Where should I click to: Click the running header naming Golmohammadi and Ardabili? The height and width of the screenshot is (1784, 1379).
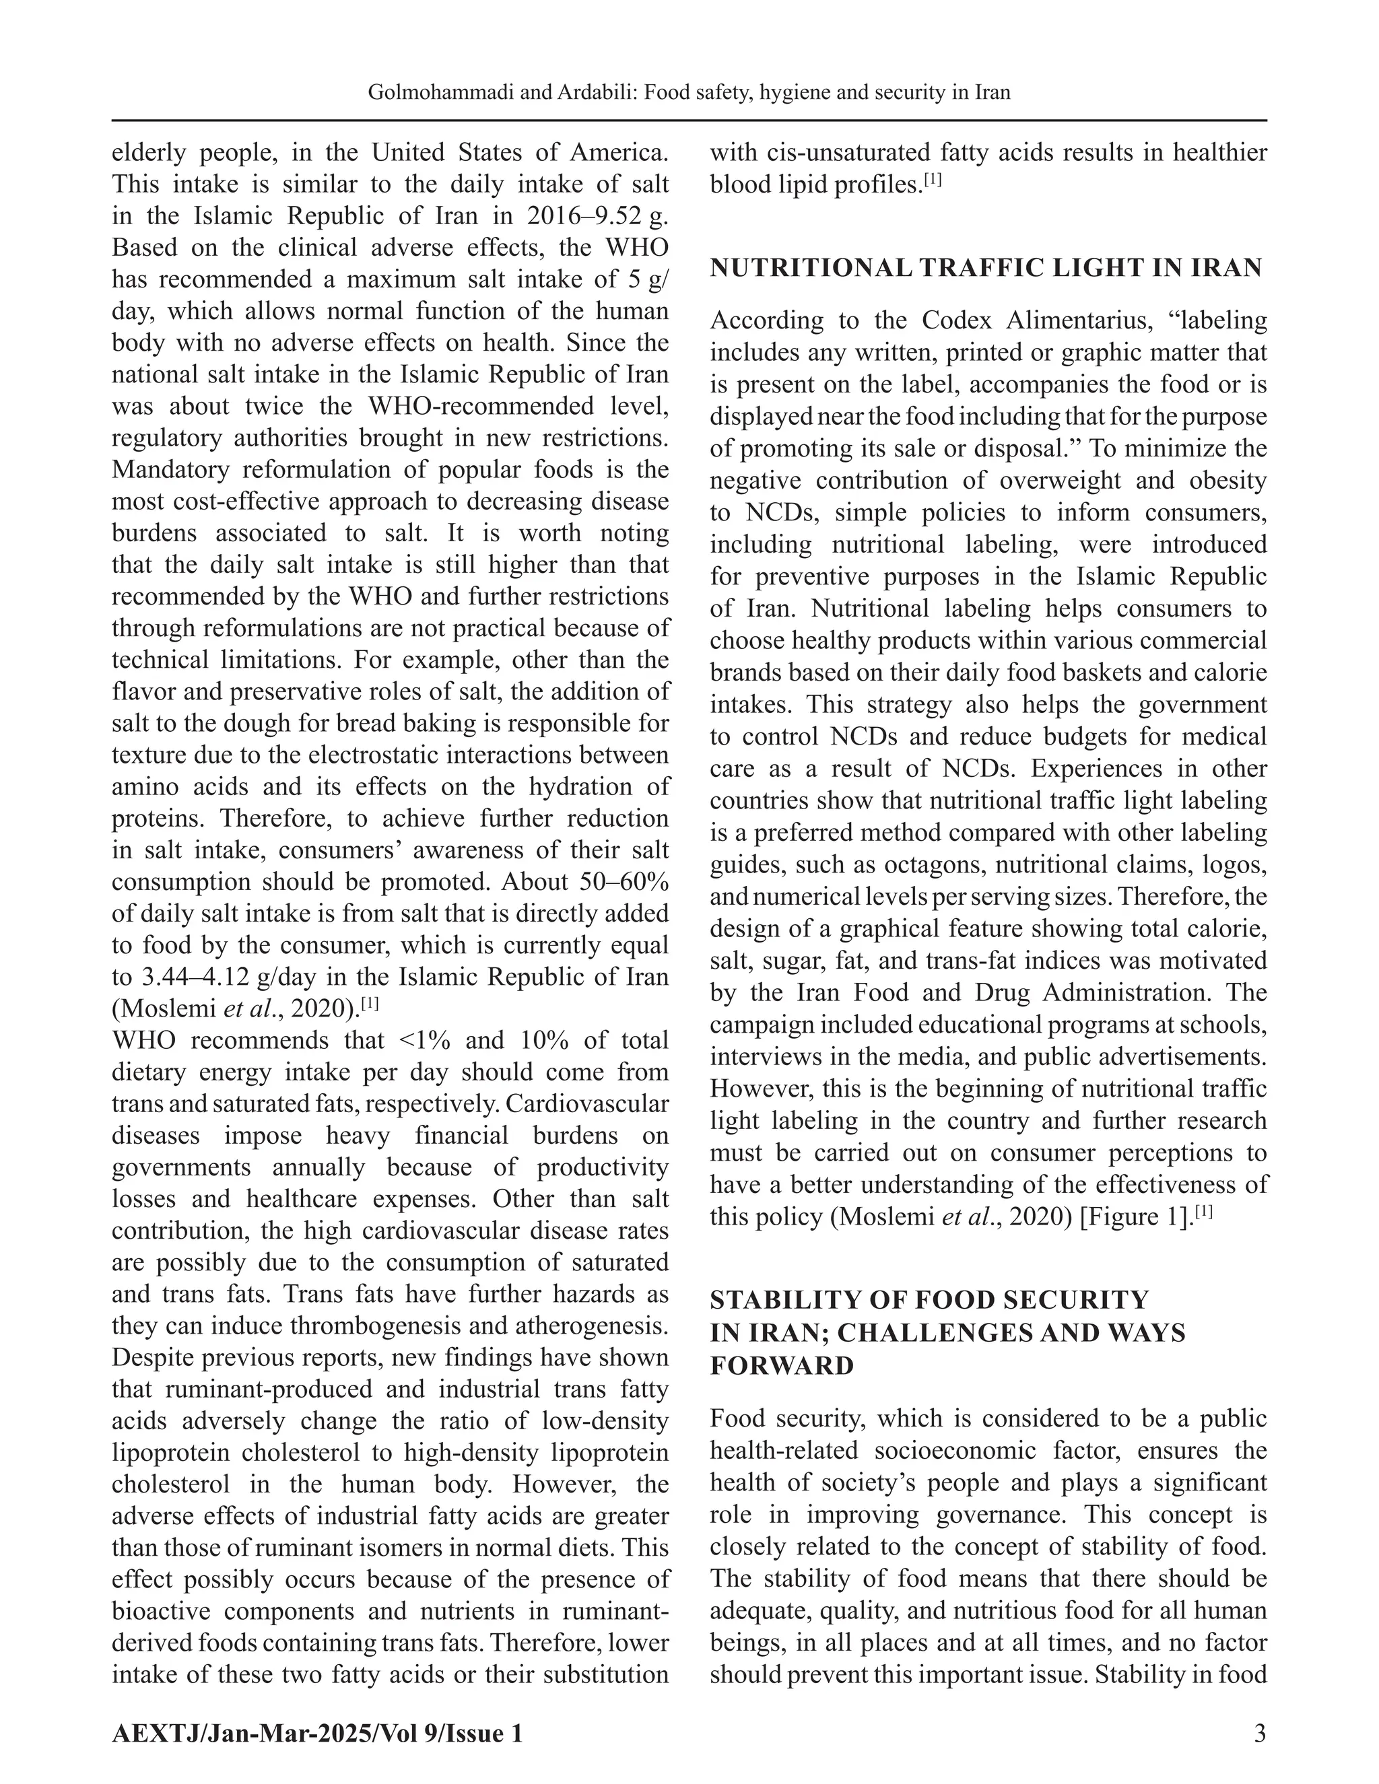pos(689,92)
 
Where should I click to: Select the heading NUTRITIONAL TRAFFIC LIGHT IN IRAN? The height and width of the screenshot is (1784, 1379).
pos(986,268)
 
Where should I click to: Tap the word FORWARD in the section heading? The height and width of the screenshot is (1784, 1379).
pos(782,1365)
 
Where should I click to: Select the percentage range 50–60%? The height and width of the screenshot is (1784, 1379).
pos(626,882)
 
